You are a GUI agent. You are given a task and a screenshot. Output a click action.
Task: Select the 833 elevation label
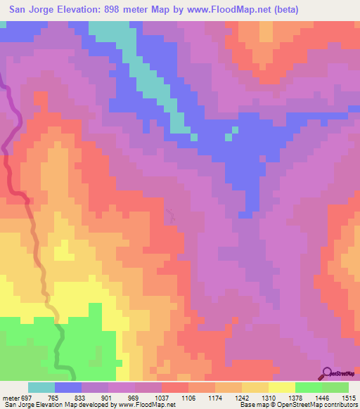[82, 397]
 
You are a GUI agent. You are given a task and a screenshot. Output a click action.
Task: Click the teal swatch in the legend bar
[41, 387]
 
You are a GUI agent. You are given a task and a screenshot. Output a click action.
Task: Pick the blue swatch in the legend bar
[68, 387]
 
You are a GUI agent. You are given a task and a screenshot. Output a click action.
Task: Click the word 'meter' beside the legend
[8, 397]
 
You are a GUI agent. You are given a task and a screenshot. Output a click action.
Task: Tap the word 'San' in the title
[20, 10]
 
